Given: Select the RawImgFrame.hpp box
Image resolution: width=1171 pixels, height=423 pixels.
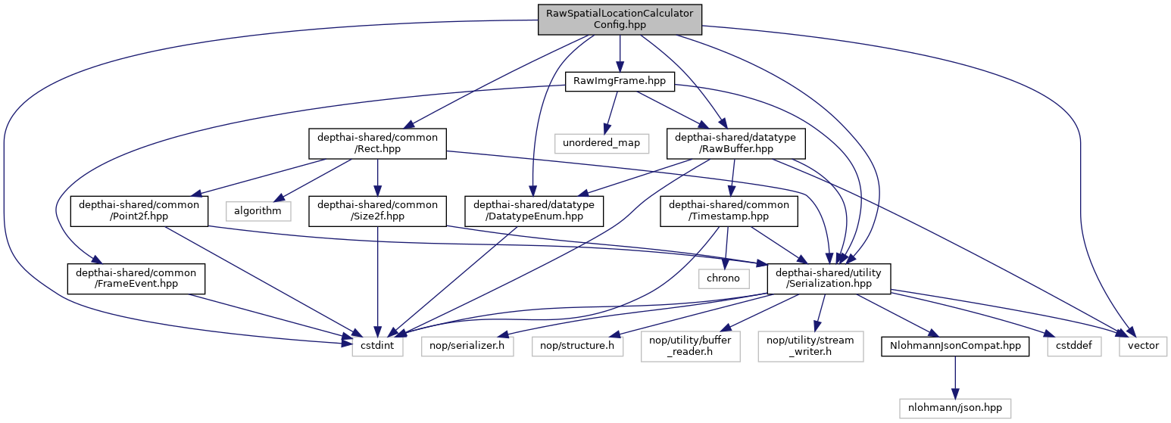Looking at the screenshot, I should (620, 79).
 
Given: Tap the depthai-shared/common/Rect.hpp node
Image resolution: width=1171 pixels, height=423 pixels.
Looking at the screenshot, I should (377, 143).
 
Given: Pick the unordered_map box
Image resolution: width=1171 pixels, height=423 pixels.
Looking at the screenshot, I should (601, 142).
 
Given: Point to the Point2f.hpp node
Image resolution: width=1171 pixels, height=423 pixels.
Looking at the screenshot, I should (139, 211).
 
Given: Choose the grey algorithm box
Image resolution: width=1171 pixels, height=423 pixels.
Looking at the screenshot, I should (258, 211).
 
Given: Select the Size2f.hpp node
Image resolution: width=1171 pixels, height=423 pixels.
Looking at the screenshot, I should (377, 211).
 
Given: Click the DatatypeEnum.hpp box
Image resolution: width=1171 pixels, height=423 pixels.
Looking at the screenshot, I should (534, 211).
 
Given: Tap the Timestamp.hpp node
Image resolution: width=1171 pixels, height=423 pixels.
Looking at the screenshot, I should (729, 211).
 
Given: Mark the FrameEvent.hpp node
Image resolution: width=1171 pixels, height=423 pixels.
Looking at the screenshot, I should (136, 279).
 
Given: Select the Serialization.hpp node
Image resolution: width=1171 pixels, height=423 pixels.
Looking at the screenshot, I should (829, 279).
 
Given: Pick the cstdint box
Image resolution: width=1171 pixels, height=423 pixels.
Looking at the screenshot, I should (377, 347).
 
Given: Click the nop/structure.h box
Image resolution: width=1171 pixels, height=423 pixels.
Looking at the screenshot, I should (576, 347).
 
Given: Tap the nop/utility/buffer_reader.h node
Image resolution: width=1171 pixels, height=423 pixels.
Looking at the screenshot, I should (690, 347).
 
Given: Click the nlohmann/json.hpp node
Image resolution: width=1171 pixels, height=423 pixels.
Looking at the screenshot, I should (955, 408).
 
